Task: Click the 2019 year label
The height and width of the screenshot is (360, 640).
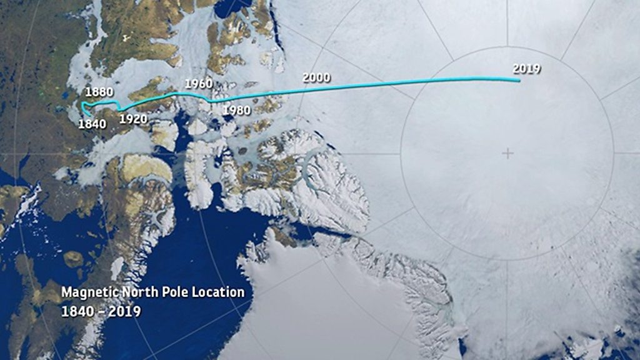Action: tap(526, 69)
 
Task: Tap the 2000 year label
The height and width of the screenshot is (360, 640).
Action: tap(316, 78)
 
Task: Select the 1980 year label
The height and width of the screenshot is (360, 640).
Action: tap(236, 111)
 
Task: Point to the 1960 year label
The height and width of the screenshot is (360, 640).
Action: tap(199, 84)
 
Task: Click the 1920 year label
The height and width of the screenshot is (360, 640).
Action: tap(133, 119)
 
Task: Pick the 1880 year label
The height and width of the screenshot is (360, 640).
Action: tap(99, 92)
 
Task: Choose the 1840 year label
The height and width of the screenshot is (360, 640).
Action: tap(92, 124)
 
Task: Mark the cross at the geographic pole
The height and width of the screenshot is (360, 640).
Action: tap(507, 153)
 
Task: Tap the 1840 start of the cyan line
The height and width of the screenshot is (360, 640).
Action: tap(86, 114)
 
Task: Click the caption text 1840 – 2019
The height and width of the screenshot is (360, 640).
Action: tap(101, 311)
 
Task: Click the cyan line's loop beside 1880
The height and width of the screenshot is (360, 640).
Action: tap(84, 106)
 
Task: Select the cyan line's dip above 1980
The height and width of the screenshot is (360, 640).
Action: tap(212, 101)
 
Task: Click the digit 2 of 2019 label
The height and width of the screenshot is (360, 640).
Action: tap(516, 69)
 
